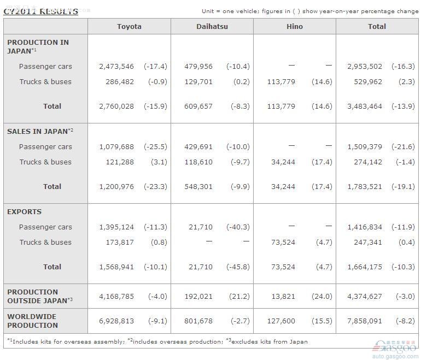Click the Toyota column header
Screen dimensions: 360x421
pos(129,26)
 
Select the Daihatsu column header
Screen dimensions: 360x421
pos(212,26)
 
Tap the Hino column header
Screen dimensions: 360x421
pos(294,26)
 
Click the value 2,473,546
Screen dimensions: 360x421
pos(116,67)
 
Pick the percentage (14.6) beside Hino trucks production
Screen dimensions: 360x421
pos(322,82)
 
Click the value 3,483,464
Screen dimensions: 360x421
pos(365,107)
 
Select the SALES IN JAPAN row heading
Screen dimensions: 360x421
pos(40,131)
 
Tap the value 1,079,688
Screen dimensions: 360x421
pos(116,147)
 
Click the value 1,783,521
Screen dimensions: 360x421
pos(365,187)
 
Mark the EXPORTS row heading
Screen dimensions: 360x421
pos(24,212)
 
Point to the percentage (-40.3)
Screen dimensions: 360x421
pos(238,227)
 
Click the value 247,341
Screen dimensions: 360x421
pos(367,243)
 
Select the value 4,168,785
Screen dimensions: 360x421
pos(116,297)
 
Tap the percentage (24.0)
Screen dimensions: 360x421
pos(322,297)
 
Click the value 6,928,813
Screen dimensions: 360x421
pos(116,321)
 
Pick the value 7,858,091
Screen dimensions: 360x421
pos(365,321)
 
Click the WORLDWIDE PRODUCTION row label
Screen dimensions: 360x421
pos(32,321)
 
